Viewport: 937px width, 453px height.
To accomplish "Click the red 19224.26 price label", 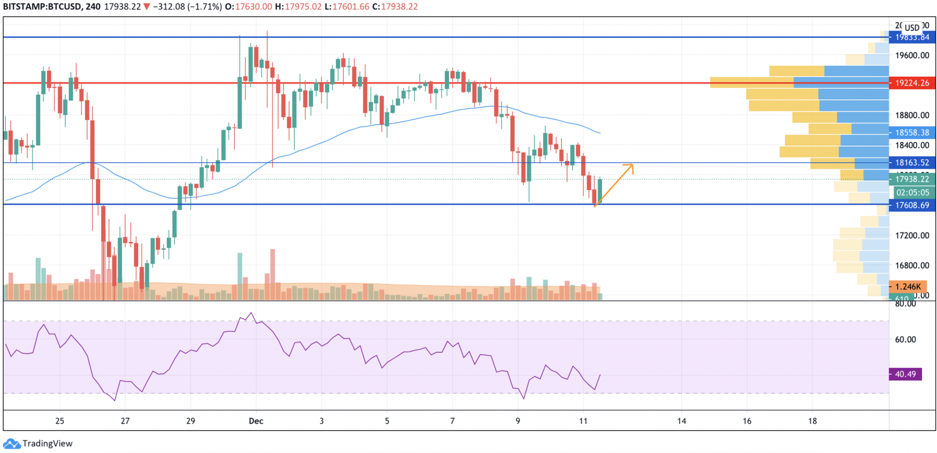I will coord(912,83).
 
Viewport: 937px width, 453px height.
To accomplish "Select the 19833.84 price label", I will coord(912,37).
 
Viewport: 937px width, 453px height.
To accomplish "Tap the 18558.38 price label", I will coord(912,133).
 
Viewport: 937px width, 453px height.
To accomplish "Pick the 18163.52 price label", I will coord(912,163).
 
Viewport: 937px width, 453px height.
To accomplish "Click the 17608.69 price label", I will coord(912,205).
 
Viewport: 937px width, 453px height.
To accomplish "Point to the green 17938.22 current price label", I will coord(912,179).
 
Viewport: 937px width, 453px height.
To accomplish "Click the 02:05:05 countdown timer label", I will coord(912,193).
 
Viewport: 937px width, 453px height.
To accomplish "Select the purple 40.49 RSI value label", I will coord(905,374).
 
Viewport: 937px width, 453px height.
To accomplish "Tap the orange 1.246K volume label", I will coord(907,287).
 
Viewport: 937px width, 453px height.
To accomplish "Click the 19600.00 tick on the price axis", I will coord(912,55).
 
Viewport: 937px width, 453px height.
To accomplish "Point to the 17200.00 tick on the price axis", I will coord(912,236).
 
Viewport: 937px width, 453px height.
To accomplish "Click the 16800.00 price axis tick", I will coord(912,266).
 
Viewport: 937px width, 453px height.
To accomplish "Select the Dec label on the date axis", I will coord(256,421).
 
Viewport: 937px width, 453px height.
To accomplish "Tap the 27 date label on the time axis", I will coord(125,421).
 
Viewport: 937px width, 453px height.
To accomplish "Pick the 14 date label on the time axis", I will coord(682,421).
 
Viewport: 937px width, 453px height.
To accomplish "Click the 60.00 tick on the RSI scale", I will coord(905,340).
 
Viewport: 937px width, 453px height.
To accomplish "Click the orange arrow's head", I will coord(632,165).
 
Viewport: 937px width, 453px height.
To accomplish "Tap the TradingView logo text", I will coord(47,444).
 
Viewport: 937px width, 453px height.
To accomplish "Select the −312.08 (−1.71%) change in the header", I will coord(187,7).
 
